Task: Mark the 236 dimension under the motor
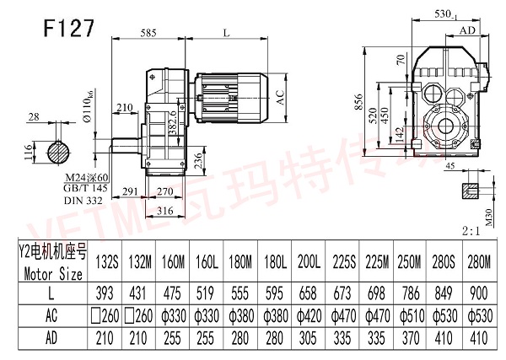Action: (x=220, y=159)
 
